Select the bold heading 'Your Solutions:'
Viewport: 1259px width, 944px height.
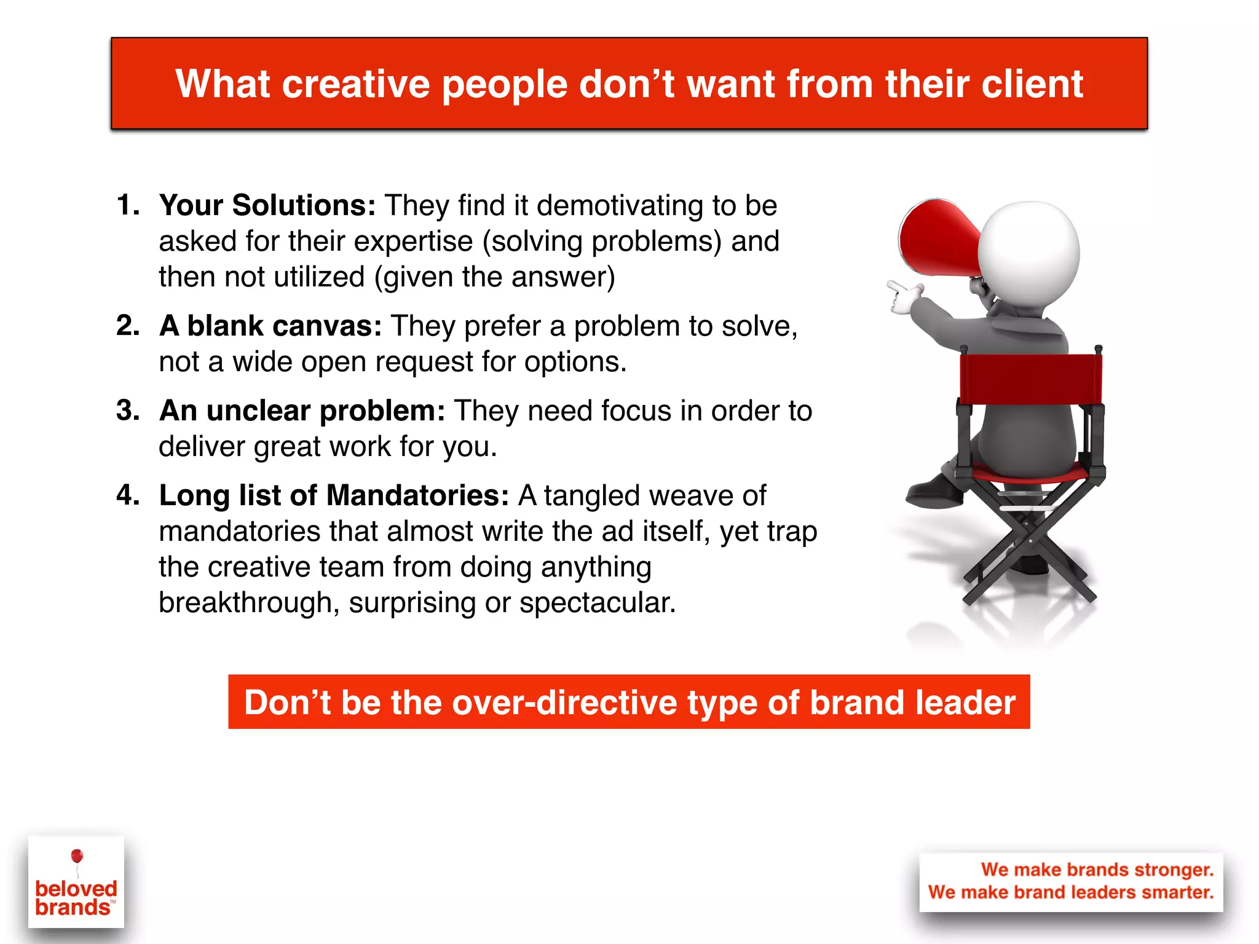(267, 205)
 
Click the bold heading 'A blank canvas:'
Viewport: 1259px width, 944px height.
(270, 326)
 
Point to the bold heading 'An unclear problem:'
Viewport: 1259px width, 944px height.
(302, 411)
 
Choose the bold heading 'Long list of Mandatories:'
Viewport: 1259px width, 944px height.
(334, 495)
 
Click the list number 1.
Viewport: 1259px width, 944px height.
(127, 205)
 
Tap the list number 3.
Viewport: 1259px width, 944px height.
(127, 411)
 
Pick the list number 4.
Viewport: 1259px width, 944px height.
(127, 495)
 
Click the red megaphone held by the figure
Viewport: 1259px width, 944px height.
(934, 237)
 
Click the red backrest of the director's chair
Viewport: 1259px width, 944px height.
(1030, 378)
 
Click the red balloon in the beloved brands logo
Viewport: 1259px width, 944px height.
(77, 856)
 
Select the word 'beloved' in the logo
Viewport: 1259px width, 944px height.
(76, 889)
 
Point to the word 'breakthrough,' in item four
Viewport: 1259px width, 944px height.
(249, 603)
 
